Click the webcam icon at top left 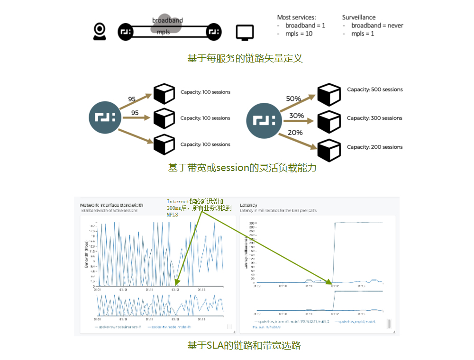tap(100, 31)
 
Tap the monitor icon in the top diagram tap(245, 32)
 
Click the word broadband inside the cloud tap(167, 20)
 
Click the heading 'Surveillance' tap(359, 17)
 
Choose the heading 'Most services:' tap(296, 17)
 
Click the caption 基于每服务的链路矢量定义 tap(245, 58)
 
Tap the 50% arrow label tap(293, 99)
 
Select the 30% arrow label tap(296, 115)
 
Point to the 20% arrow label tap(295, 133)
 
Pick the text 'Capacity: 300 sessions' tap(374, 118)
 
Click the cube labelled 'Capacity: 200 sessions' tap(329, 151)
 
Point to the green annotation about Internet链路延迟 tap(199, 208)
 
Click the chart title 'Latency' tap(248, 205)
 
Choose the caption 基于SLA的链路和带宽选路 tap(244, 345)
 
